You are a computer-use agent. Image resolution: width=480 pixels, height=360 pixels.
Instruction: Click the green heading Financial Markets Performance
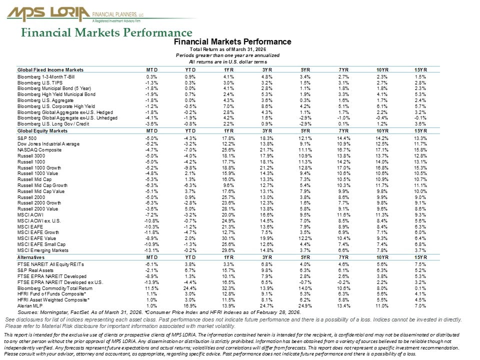pyautogui.click(x=106, y=33)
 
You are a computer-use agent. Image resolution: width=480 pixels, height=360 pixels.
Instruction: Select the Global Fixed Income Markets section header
pyautogui.click(x=50, y=69)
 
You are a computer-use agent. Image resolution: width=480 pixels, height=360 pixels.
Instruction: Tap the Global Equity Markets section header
pyautogui.click(x=42, y=131)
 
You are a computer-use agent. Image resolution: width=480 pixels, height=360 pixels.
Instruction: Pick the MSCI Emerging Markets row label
pyautogui.click(x=43, y=250)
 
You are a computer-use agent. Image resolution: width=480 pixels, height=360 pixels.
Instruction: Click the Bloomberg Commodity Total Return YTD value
pyautogui.click(x=189, y=288)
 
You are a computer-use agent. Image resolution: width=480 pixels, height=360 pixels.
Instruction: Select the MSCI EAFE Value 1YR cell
pyautogui.click(x=229, y=238)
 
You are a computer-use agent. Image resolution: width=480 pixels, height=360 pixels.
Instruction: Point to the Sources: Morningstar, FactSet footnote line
pyautogui.click(x=158, y=312)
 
